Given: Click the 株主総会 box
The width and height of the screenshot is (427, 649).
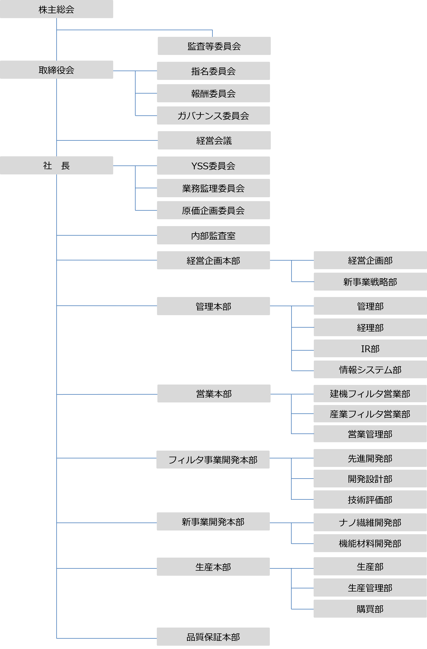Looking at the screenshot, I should click(56, 9).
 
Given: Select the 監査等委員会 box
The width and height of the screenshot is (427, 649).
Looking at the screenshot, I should click(214, 46).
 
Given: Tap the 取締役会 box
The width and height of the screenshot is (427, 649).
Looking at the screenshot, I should click(56, 70).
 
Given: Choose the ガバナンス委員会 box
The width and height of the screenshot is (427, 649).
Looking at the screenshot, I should click(213, 116).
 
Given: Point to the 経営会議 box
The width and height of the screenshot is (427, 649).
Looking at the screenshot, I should click(214, 141).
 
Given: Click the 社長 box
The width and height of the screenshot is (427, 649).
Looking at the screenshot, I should click(56, 165).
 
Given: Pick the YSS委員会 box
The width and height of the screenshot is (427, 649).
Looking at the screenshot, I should click(213, 165).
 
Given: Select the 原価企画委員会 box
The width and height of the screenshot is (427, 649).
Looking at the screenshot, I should click(213, 210).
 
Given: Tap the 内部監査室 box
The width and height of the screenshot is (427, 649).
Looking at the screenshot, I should click(213, 235).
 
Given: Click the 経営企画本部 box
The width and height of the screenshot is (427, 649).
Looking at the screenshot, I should click(213, 260).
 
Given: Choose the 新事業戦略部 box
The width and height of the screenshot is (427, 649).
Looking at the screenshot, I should click(370, 282).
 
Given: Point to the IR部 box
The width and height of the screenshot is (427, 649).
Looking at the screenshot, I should click(370, 348).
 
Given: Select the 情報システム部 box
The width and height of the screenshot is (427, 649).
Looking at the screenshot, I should click(370, 370).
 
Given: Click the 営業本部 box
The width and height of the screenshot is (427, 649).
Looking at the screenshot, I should click(214, 393).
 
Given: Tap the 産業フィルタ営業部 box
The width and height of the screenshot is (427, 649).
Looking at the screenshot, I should click(370, 414).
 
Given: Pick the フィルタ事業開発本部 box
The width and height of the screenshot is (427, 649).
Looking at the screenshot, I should click(213, 460).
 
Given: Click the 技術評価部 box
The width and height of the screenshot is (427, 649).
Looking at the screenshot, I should click(370, 500).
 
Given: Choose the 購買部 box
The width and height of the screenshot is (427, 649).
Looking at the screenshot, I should click(370, 609).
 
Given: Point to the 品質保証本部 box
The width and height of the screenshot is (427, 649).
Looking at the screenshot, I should click(213, 637).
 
